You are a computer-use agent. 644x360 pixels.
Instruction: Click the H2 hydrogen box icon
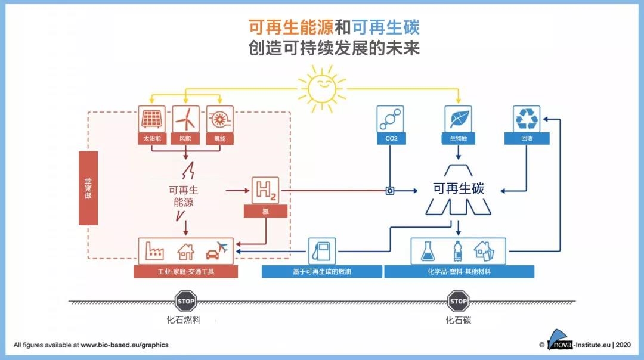[265, 191]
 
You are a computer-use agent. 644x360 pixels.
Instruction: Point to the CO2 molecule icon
[390, 119]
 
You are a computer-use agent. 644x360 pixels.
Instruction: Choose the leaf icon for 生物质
[458, 119]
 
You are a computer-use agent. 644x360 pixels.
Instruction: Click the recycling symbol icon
[527, 119]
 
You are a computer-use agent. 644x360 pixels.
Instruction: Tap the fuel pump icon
[321, 251]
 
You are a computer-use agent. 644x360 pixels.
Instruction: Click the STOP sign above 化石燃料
[185, 301]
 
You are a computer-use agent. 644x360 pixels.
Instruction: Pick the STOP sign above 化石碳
[458, 301]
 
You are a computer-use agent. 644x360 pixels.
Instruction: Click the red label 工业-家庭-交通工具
[185, 272]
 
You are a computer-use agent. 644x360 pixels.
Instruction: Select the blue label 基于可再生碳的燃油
[321, 272]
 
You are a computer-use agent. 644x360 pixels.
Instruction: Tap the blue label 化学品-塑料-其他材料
[459, 272]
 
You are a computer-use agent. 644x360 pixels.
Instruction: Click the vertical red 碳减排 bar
[88, 188]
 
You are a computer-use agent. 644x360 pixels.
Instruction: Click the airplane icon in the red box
[222, 246]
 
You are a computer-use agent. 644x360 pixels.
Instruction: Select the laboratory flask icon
[428, 252]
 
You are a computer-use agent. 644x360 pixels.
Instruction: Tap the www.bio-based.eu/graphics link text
[125, 345]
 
